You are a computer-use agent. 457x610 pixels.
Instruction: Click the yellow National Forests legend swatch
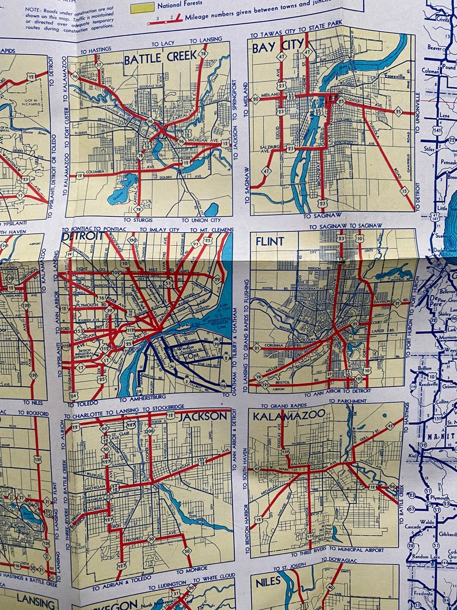click(143, 7)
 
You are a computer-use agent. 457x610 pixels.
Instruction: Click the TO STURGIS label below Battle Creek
click(139, 220)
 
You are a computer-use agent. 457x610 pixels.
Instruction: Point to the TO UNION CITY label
click(201, 220)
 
